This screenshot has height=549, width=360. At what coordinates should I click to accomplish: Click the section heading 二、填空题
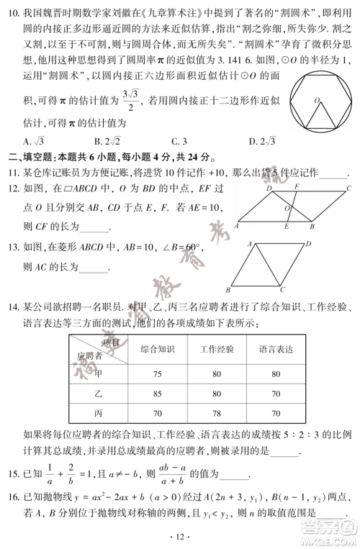[x=29, y=156]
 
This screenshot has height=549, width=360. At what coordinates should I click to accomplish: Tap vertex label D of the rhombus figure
[x=307, y=244]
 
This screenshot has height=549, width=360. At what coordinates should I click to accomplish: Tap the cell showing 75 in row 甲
[x=158, y=374]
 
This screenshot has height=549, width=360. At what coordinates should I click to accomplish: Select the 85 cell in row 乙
[x=158, y=394]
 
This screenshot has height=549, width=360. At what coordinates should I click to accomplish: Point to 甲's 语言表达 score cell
[x=276, y=374]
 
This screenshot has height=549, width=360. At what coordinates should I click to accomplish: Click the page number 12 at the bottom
[x=181, y=535]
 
